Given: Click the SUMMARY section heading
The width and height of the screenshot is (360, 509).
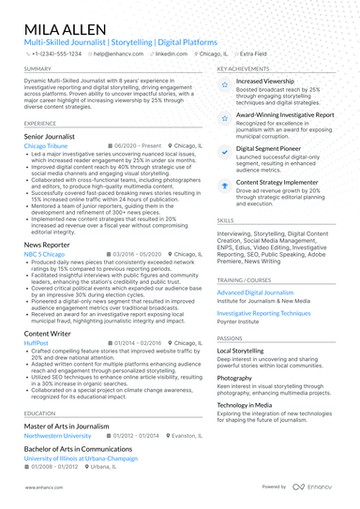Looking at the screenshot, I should point(38,69).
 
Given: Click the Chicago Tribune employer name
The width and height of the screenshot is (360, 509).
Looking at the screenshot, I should point(46,147).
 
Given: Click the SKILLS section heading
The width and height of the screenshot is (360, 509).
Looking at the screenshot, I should point(226,220).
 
